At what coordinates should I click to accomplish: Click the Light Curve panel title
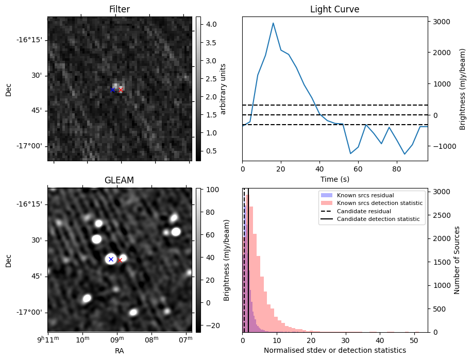click(334, 9)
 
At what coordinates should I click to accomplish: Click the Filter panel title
click(120, 9)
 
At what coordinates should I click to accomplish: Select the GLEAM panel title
click(119, 180)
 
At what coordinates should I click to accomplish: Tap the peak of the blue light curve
click(273, 23)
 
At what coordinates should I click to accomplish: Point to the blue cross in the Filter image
click(112, 90)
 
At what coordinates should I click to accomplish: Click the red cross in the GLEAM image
click(120, 260)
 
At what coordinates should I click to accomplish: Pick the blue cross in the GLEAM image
click(111, 259)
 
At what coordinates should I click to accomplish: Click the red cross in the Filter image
click(121, 90)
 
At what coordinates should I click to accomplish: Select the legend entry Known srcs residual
click(365, 195)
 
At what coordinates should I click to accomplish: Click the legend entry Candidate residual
click(363, 211)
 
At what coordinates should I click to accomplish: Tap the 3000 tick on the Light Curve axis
click(441, 22)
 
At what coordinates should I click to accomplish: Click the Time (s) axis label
click(334, 179)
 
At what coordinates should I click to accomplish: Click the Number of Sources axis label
click(457, 260)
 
